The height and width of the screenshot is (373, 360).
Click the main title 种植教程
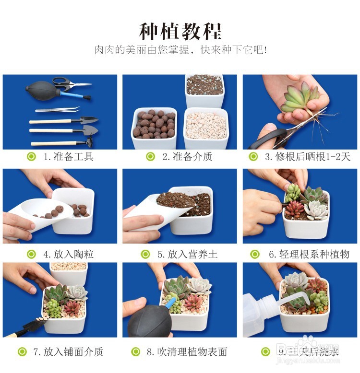click(x=180, y=31)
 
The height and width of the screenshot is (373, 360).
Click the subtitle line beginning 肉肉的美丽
click(x=180, y=50)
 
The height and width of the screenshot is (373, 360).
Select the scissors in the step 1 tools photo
click(x=70, y=84)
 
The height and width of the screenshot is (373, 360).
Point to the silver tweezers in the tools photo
click(x=57, y=110)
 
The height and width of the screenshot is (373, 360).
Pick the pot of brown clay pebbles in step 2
click(x=154, y=125)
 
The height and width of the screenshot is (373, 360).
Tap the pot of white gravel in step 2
click(x=205, y=126)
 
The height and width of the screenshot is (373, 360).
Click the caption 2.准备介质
click(x=187, y=157)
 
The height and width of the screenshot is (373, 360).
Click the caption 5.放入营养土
click(x=187, y=254)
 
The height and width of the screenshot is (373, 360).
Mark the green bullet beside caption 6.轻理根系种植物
click(x=255, y=254)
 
